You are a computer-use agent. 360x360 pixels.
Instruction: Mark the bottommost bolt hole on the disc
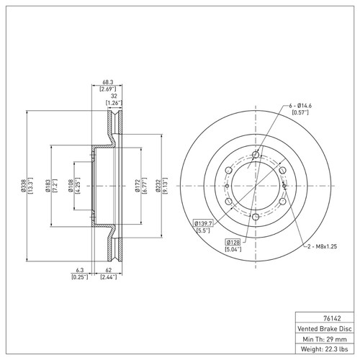(256, 217)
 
